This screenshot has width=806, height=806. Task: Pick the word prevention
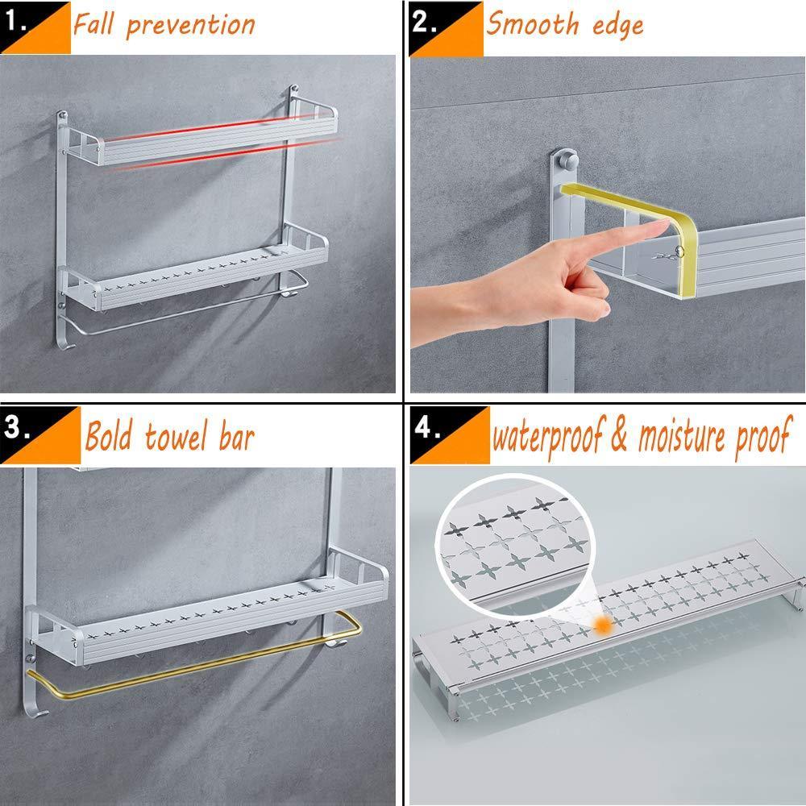coord(191,27)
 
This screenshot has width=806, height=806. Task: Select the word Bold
coord(109,435)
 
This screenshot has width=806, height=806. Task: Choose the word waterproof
coord(548,437)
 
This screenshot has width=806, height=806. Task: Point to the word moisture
coord(682,436)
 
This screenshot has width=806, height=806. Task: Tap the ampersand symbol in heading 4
coord(619,435)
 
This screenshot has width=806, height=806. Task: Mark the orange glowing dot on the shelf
coord(603,625)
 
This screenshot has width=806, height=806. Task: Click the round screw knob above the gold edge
coord(568,160)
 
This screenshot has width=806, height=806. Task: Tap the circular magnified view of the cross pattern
coord(516,546)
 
